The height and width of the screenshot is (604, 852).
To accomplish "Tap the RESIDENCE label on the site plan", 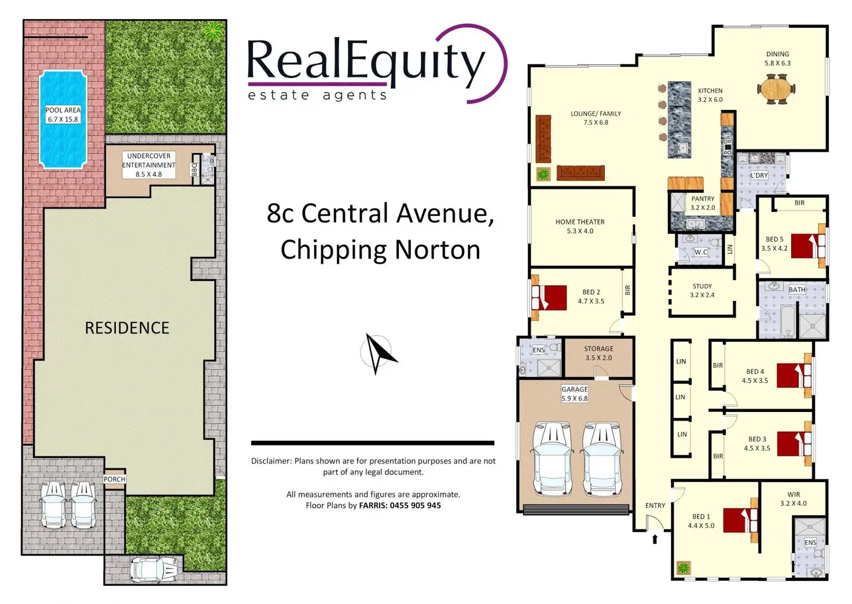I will [127, 328].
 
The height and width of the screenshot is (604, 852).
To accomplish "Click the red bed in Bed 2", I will [552, 298].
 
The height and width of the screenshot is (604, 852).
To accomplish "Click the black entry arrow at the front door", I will [655, 539].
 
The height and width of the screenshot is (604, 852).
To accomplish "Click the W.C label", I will [700, 252].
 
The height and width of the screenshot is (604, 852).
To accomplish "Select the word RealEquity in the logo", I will [366, 61].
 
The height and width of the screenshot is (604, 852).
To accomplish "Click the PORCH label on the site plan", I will [115, 479].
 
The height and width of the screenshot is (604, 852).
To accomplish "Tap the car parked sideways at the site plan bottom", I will [153, 569].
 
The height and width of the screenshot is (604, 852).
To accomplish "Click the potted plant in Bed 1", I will [684, 568].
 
